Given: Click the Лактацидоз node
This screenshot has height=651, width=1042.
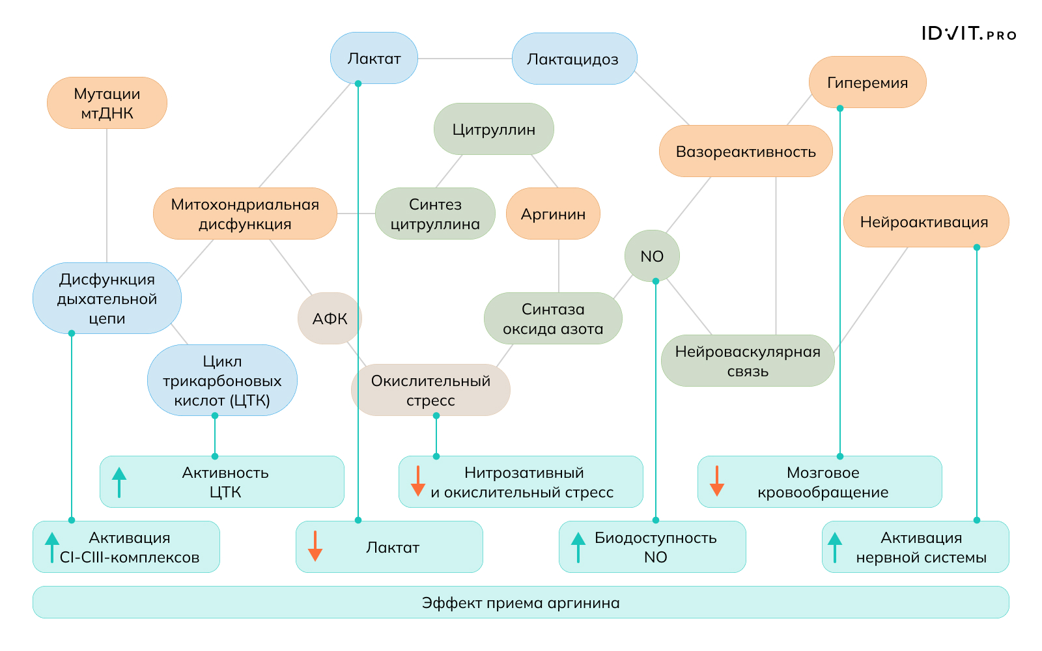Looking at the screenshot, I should point(574,59).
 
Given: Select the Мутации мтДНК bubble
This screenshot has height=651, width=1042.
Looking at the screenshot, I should point(107,103).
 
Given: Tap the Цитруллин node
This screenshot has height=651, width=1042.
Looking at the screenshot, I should point(494,129).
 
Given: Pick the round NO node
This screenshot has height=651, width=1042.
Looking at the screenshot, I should point(652,256).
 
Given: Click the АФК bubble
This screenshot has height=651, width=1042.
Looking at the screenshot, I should point(330,318).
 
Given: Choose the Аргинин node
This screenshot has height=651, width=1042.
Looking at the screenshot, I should point(553,214).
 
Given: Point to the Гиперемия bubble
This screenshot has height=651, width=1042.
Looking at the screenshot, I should point(867,82).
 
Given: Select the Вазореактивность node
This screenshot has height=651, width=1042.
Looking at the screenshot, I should point(746,151).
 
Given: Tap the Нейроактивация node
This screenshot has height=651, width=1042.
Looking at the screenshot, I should point(925,221).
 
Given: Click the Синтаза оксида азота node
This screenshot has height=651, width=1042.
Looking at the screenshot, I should point(553,318).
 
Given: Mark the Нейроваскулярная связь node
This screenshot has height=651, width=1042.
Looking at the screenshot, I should point(748,361).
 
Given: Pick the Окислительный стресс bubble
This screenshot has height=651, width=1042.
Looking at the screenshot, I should point(430,390).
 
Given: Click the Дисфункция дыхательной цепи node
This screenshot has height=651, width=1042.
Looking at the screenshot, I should point(107,298).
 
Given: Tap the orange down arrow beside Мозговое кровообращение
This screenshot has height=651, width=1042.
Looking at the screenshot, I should point(717,482).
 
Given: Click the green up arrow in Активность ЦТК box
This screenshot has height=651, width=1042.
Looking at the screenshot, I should point(119,482).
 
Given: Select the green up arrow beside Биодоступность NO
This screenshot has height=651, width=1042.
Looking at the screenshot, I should point(578,547).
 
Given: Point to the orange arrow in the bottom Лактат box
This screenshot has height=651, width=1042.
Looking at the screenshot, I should point(315,547).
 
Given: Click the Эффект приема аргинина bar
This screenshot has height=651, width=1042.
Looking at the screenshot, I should point(520,602).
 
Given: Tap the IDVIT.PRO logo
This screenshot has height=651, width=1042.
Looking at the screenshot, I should point(968,34).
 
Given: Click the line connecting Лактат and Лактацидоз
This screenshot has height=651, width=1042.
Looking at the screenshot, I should point(464,59).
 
